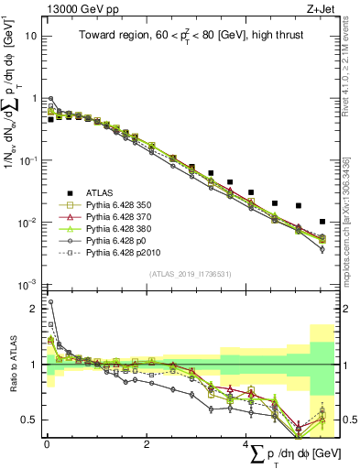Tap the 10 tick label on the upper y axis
coord(30,36)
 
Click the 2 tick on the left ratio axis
coord(33,309)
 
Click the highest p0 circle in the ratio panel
coord(51,301)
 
